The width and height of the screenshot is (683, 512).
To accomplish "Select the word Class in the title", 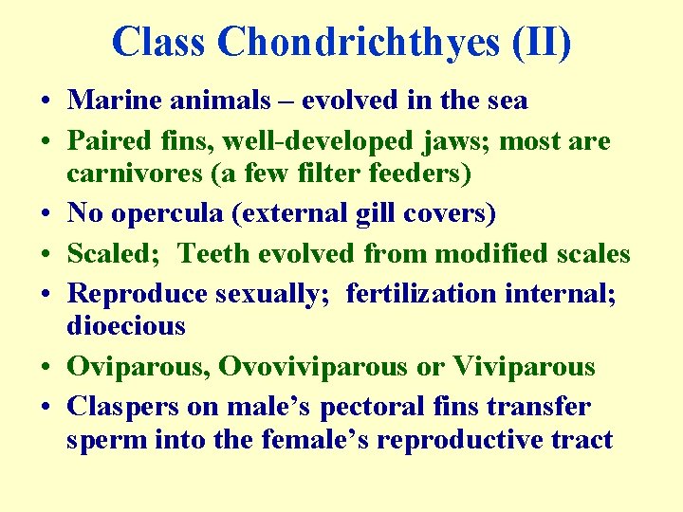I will (x=160, y=43).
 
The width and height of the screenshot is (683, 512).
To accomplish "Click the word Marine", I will (x=110, y=100).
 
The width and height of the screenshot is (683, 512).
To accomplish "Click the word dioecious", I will (x=126, y=326).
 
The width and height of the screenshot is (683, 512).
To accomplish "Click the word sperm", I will (x=106, y=440).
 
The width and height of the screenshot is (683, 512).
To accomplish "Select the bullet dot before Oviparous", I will (x=46, y=368).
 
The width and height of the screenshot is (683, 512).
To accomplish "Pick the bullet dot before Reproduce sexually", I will (x=46, y=295).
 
